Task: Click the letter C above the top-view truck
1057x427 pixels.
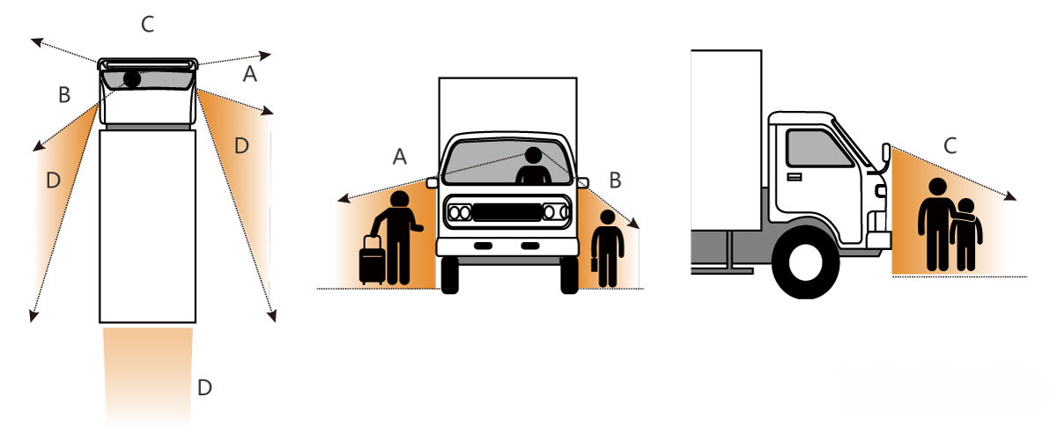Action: [x=148, y=25]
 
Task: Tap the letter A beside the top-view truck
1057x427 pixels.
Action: [x=250, y=76]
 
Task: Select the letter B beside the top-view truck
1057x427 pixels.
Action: [x=64, y=95]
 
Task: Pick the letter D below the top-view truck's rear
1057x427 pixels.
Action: [x=204, y=387]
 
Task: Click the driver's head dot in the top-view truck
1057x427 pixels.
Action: [x=131, y=79]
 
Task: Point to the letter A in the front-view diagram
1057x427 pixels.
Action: [x=399, y=157]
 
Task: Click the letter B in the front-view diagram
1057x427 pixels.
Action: [x=615, y=180]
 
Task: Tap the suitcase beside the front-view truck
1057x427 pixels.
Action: [x=372, y=261]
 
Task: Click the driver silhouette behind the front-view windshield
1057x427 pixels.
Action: [x=532, y=166]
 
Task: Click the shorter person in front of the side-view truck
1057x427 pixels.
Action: [x=966, y=235]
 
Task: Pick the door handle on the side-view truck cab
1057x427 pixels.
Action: [x=795, y=177]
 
